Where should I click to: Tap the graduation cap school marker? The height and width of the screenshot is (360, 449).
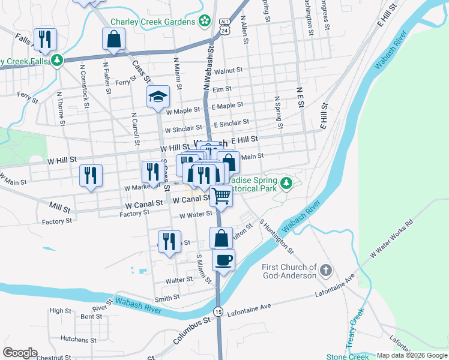point(158,97)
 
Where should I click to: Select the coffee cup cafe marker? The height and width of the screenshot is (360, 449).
point(223,260)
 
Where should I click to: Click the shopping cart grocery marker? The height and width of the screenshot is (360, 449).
point(221,195)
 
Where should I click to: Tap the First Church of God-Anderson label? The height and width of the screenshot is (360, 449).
point(289,271)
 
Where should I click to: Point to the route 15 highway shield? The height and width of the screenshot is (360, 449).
point(217,311)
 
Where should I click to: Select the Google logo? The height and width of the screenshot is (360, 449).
point(20,353)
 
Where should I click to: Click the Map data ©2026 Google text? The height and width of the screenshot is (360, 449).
point(411,355)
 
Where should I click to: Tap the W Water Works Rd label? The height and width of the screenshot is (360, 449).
point(391,239)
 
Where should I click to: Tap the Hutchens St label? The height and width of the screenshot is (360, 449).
point(74,339)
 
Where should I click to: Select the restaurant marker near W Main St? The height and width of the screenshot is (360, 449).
point(91,175)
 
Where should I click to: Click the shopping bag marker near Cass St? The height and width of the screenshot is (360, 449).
point(113,39)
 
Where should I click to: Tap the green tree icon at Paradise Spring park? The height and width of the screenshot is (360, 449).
point(288,182)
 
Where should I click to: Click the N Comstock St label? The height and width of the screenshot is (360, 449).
point(83,88)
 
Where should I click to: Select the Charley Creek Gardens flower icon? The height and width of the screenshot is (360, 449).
point(205,21)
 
